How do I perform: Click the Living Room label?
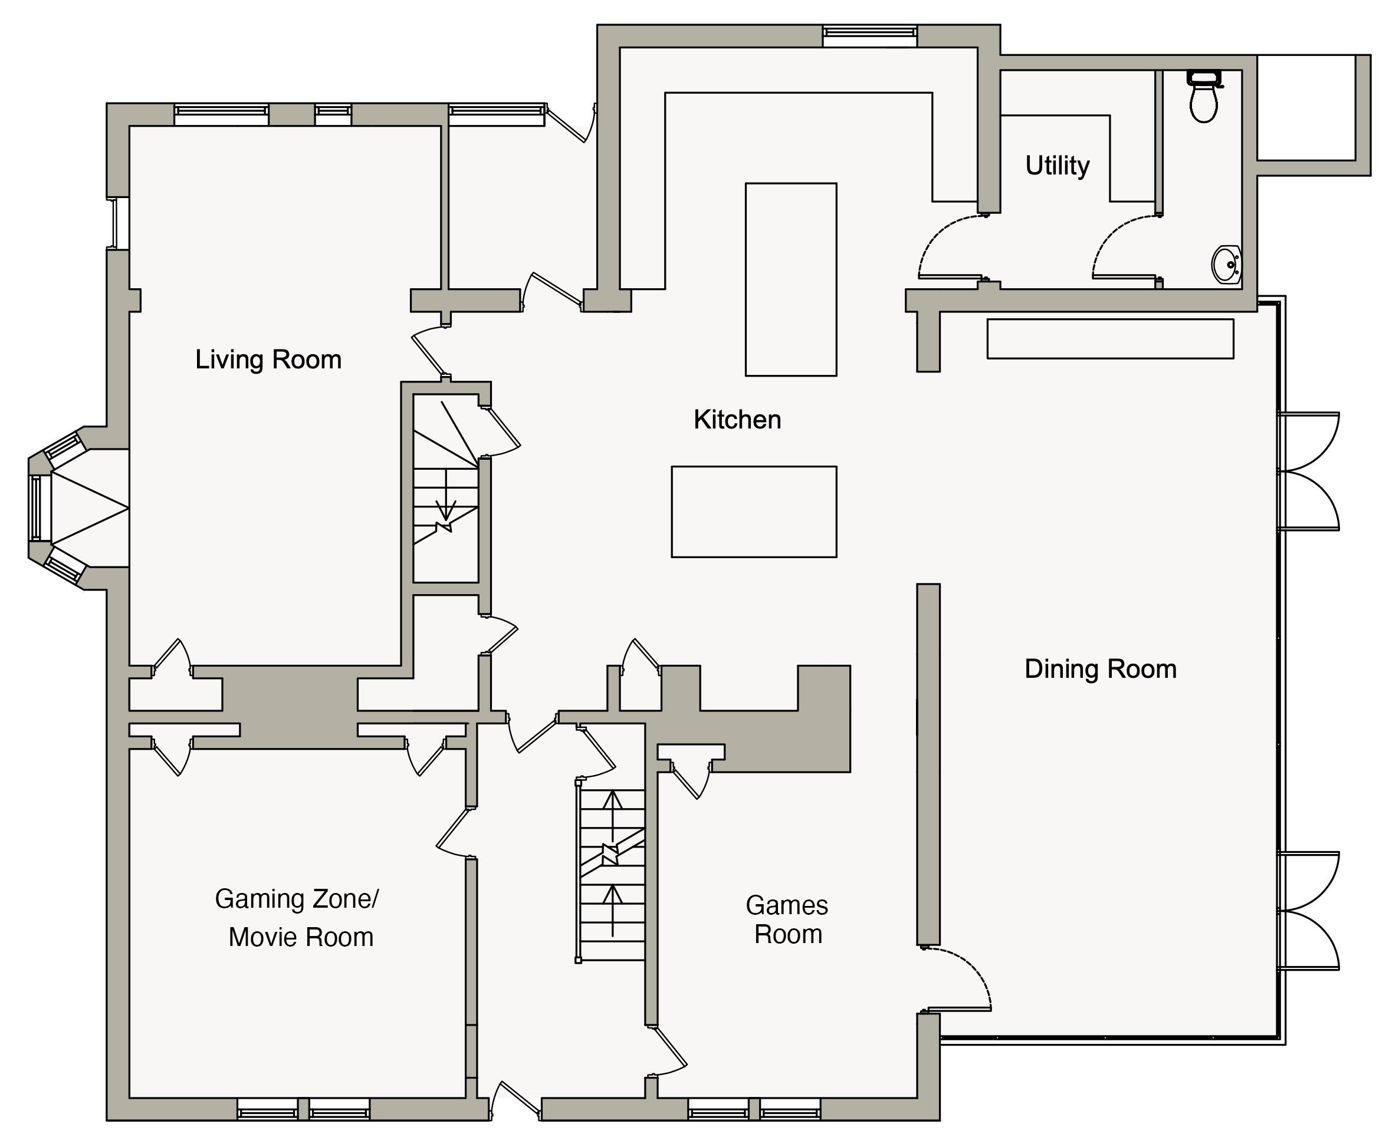pos(268,360)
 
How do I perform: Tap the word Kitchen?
pos(737,420)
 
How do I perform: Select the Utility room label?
pos(1057,166)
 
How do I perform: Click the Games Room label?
pos(787,919)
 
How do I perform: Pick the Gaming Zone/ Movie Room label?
pos(297,918)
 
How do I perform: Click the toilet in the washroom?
pos(1204,97)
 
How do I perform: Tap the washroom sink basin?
pos(1226,264)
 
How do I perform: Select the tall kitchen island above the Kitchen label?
pos(791,279)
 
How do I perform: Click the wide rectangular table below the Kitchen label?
pos(754,512)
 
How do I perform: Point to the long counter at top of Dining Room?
pos(1110,339)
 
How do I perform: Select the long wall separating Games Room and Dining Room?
pos(928,764)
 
